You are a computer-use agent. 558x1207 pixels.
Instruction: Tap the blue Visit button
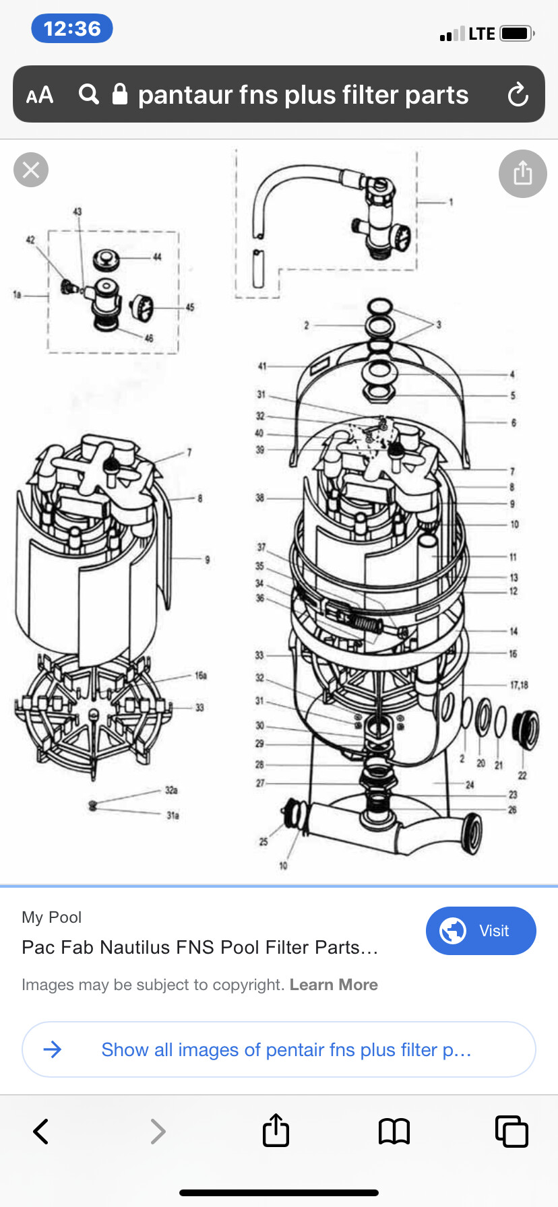[x=480, y=931]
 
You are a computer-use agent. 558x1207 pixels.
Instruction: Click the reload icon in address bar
[x=518, y=94]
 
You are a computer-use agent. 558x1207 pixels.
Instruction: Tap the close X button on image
[x=31, y=170]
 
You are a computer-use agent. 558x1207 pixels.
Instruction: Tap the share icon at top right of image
[x=522, y=174]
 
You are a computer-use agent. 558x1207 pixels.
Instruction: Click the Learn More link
[x=334, y=985]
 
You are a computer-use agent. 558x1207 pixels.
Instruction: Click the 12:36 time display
[x=71, y=29]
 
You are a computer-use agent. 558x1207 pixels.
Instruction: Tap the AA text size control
[x=40, y=95]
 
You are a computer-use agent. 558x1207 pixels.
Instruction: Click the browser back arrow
[x=41, y=1132]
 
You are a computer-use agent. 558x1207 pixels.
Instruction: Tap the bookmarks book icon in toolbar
[x=394, y=1132]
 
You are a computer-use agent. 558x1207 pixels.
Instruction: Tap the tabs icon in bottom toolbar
[x=511, y=1132]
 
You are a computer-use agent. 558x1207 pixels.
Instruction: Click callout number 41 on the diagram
[x=262, y=366]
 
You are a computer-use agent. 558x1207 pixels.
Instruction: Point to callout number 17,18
[x=519, y=685]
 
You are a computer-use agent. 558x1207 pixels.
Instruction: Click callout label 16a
[x=201, y=675]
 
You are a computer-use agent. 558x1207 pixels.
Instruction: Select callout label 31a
[x=173, y=816]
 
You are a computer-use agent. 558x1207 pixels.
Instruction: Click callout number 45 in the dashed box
[x=190, y=307]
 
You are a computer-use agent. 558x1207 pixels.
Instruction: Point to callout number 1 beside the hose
[x=451, y=202]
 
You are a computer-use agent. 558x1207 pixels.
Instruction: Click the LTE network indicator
[x=482, y=34]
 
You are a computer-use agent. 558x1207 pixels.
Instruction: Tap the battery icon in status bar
[x=517, y=33]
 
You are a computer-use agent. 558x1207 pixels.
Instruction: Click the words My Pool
[x=51, y=917]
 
